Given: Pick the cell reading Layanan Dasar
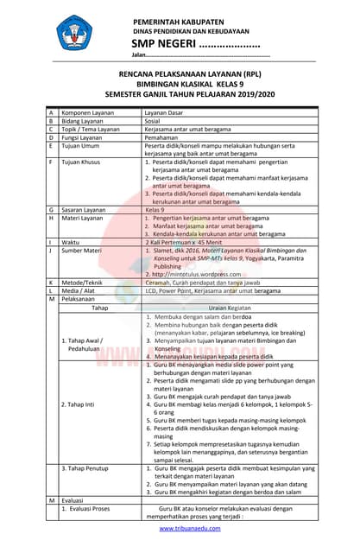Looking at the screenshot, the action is point(165,113).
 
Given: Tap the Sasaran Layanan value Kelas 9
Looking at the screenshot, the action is point(156,210).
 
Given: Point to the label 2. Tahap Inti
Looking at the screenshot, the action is point(84,404).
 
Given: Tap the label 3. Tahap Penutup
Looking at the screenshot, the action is point(91,467).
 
